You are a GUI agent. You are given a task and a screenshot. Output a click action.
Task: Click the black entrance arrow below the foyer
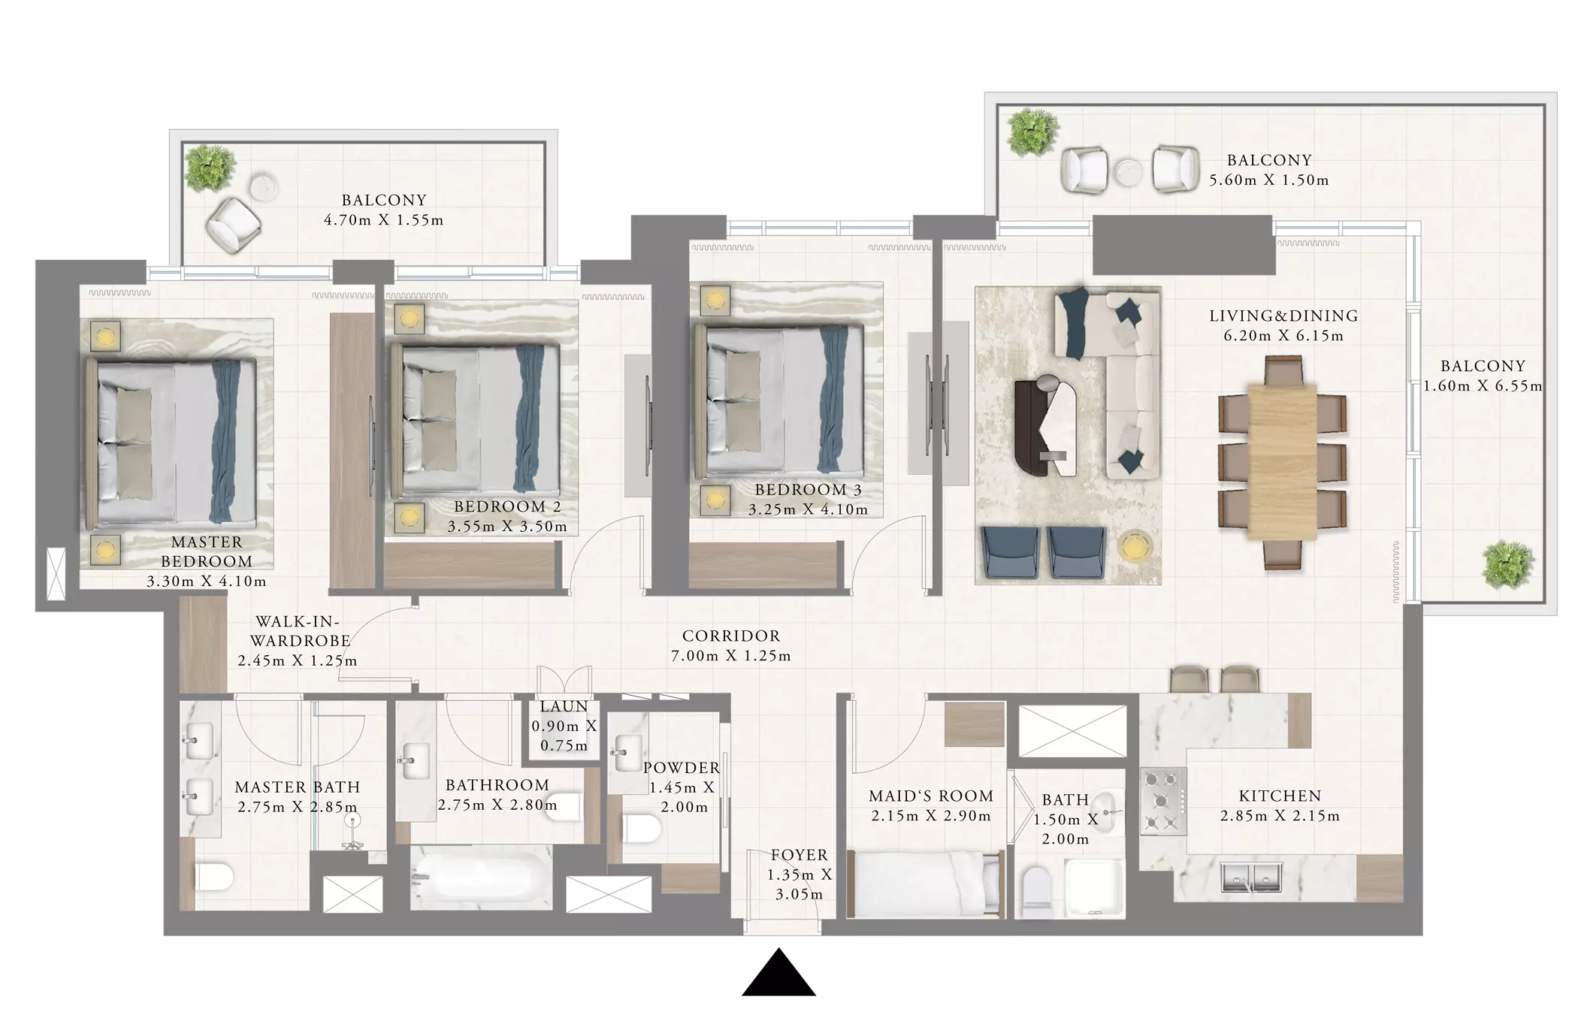coord(778,975)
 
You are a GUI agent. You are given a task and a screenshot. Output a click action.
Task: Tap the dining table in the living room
coord(1282,462)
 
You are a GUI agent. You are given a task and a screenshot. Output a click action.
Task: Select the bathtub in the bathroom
coord(481,876)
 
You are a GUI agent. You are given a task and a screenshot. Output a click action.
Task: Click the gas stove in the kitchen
coord(1162,801)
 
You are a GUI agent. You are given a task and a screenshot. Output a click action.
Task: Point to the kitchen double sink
coord(1251,878)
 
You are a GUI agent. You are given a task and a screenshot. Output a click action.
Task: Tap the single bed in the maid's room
coord(926,884)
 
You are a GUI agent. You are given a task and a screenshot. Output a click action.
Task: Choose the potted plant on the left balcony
coord(210,168)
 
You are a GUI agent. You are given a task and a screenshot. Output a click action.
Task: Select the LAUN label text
coord(564,706)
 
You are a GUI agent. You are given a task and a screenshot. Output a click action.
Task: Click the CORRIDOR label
coord(731,636)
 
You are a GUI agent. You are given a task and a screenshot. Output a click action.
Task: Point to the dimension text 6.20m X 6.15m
coord(1283,336)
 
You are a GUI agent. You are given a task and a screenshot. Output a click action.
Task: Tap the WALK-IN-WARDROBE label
coord(300,631)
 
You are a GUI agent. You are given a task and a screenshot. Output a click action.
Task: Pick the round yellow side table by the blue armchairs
coord(1136,546)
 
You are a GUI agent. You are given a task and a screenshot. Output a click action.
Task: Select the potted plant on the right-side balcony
coord(1507,563)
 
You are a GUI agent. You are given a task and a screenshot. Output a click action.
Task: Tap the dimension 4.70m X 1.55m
coord(383,220)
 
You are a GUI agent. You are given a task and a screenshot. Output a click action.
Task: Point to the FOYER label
coord(799,855)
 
